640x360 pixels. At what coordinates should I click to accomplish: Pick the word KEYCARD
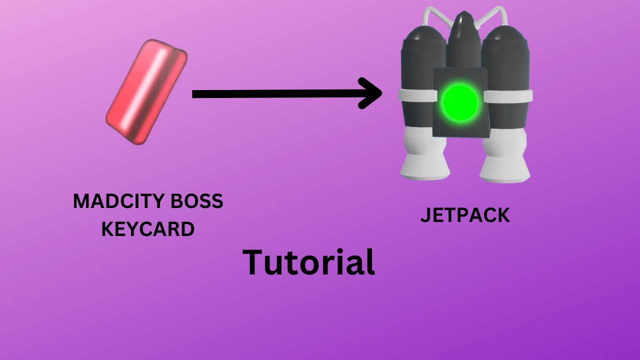148,229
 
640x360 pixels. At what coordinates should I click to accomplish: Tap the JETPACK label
465,215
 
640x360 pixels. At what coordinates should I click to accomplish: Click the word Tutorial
308,262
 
